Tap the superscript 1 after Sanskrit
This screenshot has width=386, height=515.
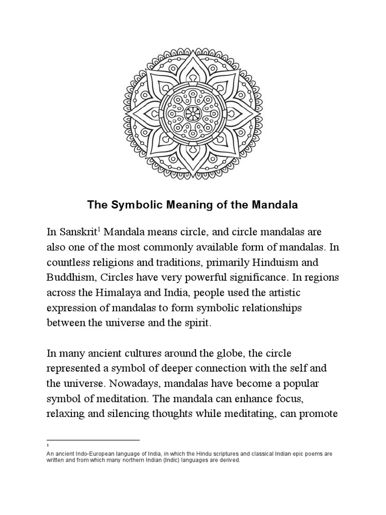pos(100,229)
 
